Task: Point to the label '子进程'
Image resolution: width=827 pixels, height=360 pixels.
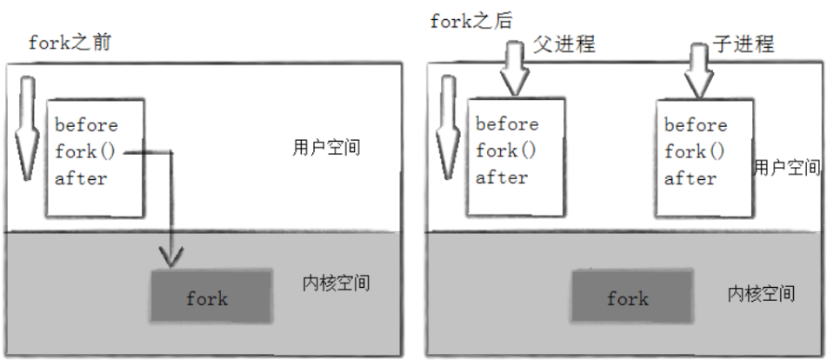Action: (x=750, y=43)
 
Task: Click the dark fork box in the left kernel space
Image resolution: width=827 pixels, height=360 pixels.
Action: (x=206, y=298)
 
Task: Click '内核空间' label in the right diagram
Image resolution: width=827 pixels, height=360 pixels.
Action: (x=760, y=293)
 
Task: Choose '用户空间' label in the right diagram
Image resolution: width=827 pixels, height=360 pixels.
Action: (x=787, y=167)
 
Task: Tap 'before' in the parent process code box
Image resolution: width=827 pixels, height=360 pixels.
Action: (x=506, y=123)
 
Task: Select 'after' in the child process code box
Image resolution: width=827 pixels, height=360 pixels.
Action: (x=690, y=179)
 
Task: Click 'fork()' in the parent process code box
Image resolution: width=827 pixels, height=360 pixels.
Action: (x=506, y=150)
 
